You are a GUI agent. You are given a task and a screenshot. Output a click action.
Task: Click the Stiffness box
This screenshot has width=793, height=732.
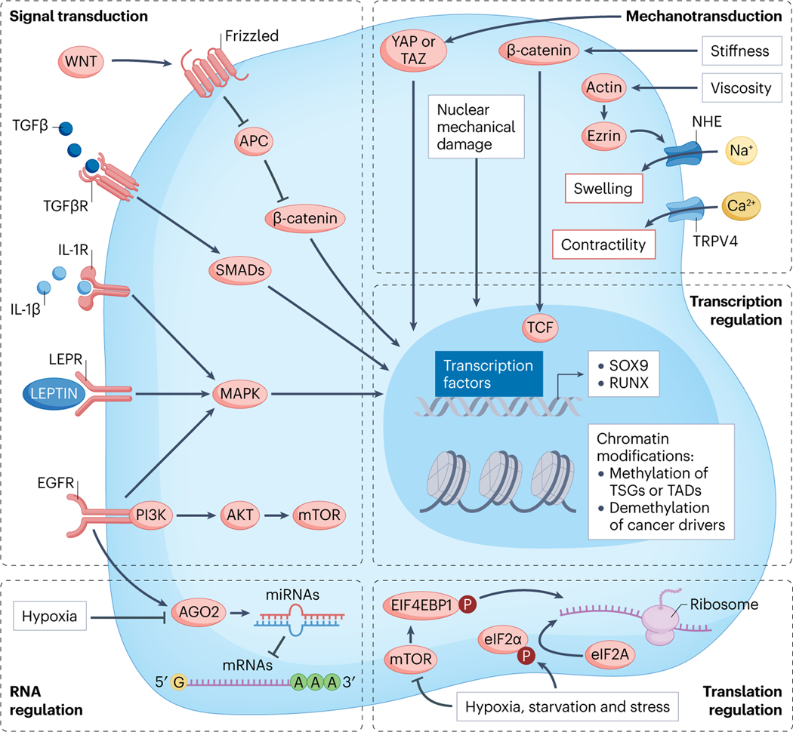(735, 52)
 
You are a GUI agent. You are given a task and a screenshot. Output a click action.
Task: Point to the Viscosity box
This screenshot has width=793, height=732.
(735, 88)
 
